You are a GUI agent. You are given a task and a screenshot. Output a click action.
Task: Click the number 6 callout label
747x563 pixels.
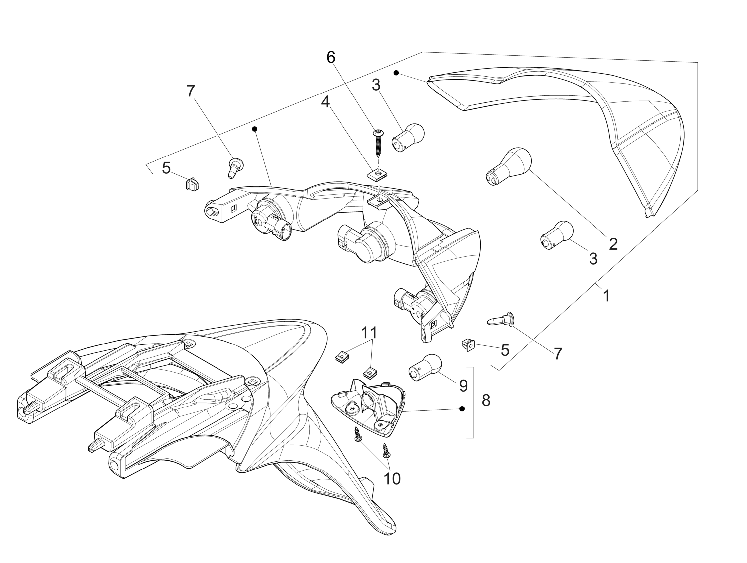pyautogui.click(x=331, y=58)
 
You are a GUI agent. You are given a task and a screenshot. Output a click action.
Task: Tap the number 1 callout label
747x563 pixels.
pyautogui.click(x=606, y=296)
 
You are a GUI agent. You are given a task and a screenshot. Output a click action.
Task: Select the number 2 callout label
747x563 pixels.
pyautogui.click(x=613, y=244)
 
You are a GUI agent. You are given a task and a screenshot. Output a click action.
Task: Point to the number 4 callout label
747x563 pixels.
pyautogui.click(x=325, y=102)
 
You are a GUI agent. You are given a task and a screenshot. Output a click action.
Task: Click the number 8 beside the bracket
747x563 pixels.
pyautogui.click(x=486, y=401)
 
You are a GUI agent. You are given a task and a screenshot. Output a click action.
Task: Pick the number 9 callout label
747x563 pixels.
pyautogui.click(x=463, y=386)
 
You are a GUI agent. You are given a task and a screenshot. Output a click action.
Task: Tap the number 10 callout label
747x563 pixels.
pyautogui.click(x=393, y=479)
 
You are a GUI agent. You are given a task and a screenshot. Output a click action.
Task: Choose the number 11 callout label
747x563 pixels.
pyautogui.click(x=369, y=333)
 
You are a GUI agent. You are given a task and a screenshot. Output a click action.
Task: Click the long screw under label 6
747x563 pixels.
pyautogui.click(x=377, y=143)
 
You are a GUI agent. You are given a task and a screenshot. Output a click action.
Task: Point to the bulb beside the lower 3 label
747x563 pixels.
pyautogui.click(x=557, y=235)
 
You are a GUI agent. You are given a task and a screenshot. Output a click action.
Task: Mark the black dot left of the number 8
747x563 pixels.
pyautogui.click(x=462, y=409)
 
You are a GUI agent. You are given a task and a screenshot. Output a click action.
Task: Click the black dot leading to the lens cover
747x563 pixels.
pyautogui.click(x=396, y=73)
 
